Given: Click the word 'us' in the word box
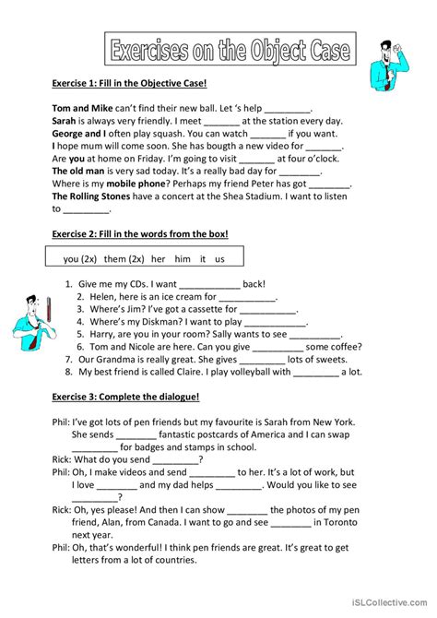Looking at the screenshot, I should [x=219, y=259].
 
